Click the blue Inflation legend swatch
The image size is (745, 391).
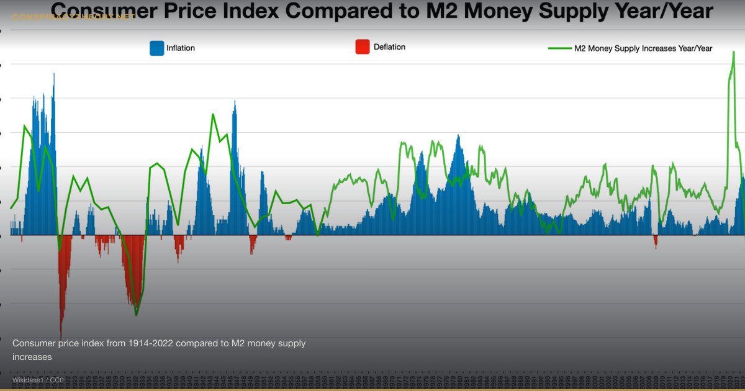click(156, 48)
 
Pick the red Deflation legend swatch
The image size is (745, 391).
click(362, 47)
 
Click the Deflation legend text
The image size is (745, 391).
click(389, 47)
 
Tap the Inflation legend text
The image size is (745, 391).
click(181, 48)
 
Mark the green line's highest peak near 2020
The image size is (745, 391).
click(734, 52)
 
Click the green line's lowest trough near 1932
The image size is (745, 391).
click(137, 315)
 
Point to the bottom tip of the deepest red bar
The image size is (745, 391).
click(61, 338)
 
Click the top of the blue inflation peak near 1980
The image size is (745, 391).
click(459, 135)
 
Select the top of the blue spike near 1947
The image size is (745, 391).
click(235, 101)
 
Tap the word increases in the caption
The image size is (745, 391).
click(32, 357)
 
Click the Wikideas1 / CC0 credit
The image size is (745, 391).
click(37, 379)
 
